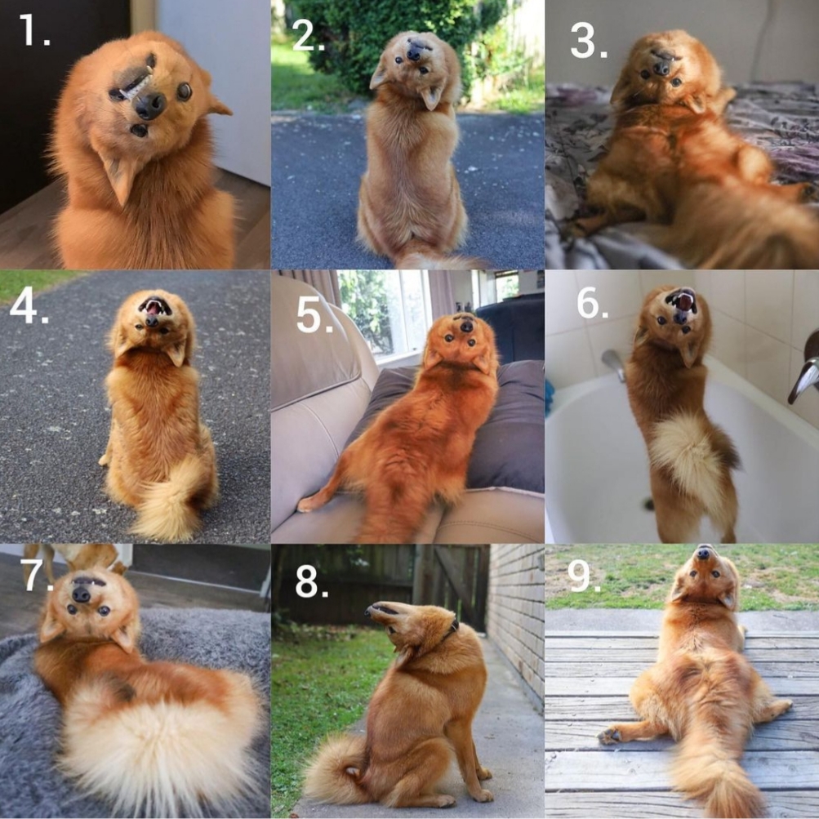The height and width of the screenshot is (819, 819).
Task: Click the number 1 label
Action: coord(34,29)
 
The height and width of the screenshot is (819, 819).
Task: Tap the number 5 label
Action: coord(314,316)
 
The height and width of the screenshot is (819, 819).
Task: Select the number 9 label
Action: coord(584,576)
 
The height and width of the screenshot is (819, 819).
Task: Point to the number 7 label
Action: coord(37,575)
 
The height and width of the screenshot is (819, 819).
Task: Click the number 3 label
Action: coord(589,42)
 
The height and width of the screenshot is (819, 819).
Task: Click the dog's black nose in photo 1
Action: coord(150,105)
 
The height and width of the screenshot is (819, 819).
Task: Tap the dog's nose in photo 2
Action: coord(414,53)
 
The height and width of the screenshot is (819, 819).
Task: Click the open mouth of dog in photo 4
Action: coord(154,306)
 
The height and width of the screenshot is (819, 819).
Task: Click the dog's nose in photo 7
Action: coord(81,594)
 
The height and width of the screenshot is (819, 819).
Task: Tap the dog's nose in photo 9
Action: coord(704,552)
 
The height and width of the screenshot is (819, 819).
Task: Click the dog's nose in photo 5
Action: coord(467,327)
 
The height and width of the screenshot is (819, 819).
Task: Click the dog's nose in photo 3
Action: coord(661,69)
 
